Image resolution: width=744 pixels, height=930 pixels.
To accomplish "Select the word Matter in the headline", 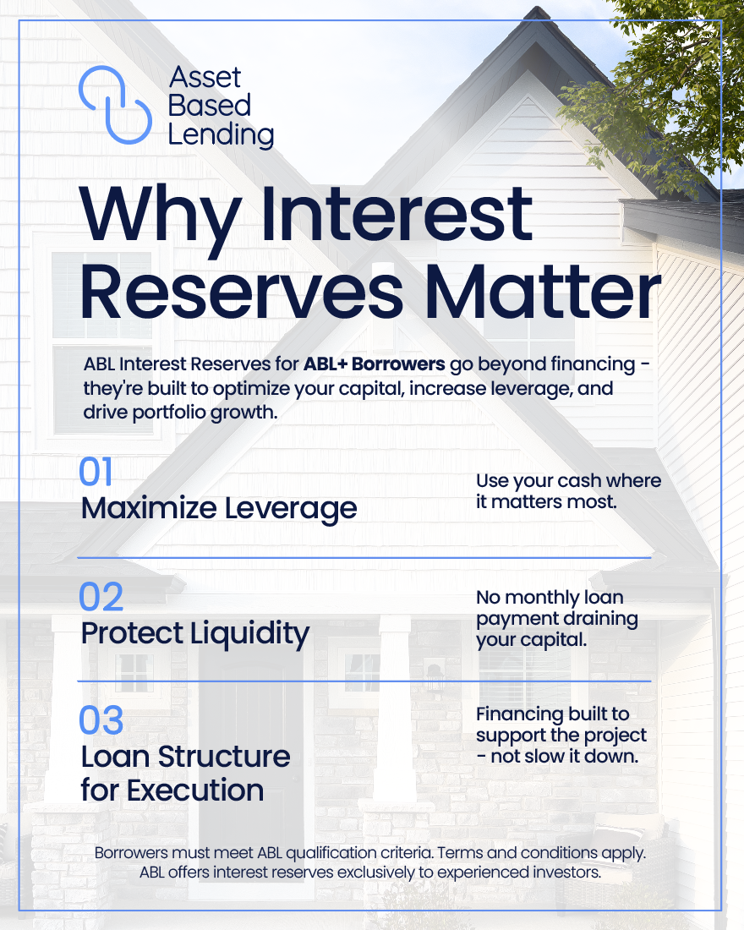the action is click(x=543, y=292).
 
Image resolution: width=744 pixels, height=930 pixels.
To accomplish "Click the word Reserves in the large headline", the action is click(x=242, y=293).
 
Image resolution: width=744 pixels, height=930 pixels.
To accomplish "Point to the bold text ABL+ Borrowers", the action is click(x=374, y=364).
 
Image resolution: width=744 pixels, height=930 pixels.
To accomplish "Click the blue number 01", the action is click(x=96, y=472).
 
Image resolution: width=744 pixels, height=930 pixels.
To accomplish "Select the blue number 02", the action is click(x=101, y=597).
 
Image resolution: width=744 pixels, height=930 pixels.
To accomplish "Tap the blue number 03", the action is click(x=101, y=720).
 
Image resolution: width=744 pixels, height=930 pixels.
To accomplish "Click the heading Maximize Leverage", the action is click(x=219, y=509).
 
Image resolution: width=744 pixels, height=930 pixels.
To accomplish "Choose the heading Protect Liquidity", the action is click(x=195, y=633).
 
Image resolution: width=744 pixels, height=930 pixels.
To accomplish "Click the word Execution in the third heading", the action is click(x=195, y=790).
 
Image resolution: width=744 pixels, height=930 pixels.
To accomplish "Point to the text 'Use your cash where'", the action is click(x=568, y=481).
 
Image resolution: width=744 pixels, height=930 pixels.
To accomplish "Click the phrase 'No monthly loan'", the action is click(x=550, y=597).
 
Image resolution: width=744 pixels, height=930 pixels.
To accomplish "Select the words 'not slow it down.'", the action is click(x=565, y=756).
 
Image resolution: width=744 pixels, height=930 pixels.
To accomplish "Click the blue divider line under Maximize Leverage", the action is click(x=364, y=558).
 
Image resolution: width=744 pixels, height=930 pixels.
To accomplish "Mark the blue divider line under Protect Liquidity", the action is click(x=364, y=681).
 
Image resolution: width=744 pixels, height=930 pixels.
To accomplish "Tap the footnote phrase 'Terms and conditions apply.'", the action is click(x=542, y=853).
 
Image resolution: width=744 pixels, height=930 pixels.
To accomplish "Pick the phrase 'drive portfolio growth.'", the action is click(x=180, y=413).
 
